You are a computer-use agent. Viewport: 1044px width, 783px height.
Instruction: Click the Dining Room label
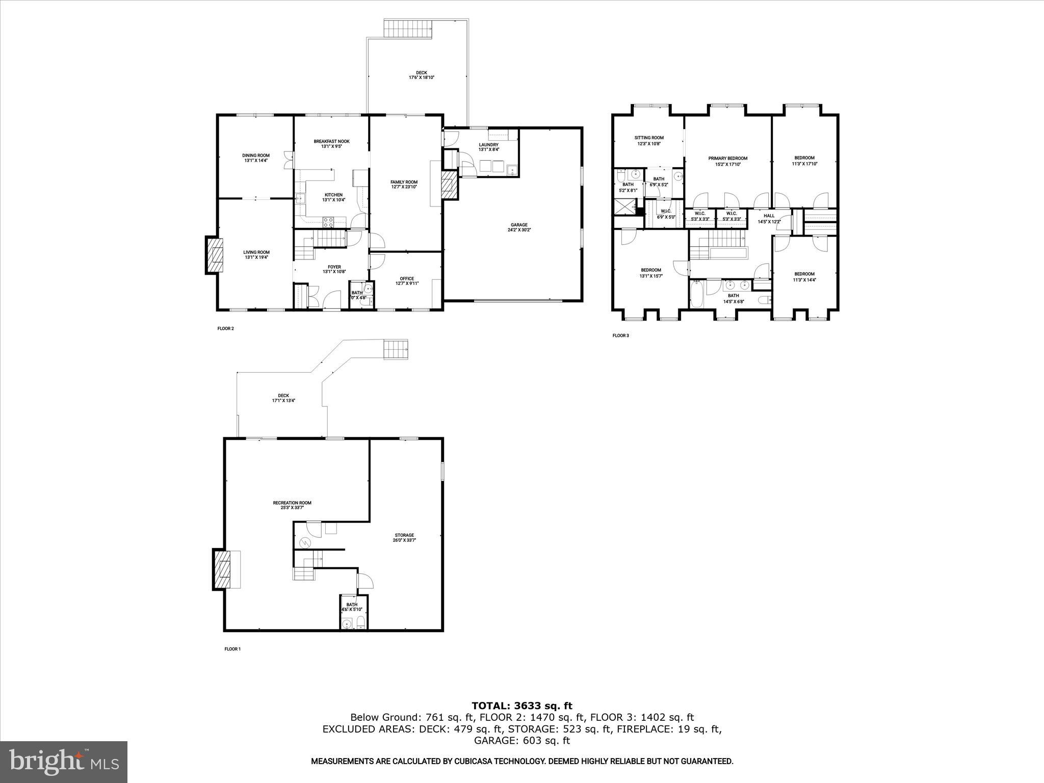[255, 155]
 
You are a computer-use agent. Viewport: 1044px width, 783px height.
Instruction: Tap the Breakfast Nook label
[331, 141]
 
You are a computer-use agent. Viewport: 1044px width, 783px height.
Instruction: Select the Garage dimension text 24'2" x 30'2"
[519, 230]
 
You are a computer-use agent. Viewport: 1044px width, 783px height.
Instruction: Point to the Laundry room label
[488, 145]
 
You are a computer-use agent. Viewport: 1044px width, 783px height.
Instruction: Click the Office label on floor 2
[406, 279]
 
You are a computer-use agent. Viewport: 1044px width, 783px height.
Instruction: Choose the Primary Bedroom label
[727, 159]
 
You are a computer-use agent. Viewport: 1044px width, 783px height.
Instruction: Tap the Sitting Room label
[648, 138]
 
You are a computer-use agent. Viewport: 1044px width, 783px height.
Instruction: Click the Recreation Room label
[292, 503]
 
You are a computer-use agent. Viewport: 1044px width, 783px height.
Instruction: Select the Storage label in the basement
[404, 535]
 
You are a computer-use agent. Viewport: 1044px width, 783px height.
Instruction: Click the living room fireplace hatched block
[215, 255]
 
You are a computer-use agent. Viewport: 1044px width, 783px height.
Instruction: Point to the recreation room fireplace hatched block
[222, 569]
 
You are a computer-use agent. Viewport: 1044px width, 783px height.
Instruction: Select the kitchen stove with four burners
[328, 222]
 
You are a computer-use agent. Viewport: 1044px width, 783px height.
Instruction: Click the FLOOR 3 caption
[620, 335]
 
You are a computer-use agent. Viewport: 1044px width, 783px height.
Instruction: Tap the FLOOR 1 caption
[232, 649]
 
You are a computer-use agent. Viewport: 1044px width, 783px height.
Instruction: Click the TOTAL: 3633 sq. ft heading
[521, 706]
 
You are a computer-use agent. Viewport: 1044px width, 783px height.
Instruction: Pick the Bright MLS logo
[64, 762]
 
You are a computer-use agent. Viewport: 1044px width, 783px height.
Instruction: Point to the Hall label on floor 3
[769, 216]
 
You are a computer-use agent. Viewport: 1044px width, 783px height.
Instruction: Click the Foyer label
[334, 267]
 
